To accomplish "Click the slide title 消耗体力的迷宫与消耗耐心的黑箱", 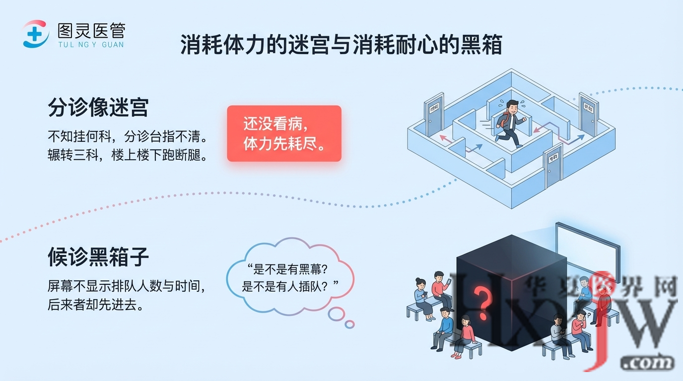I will [341, 45].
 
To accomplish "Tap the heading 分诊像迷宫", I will [98, 107].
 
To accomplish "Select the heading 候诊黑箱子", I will [98, 257].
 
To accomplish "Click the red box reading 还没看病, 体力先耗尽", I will [284, 133].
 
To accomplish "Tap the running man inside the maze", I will [509, 122].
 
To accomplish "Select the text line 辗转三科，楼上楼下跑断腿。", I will [127, 154].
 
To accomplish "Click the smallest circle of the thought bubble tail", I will [349, 324].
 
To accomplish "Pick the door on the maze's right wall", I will [588, 116].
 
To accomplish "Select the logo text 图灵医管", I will [91, 31].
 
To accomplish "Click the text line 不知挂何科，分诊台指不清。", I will [127, 135].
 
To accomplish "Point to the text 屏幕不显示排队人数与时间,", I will [127, 286].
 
